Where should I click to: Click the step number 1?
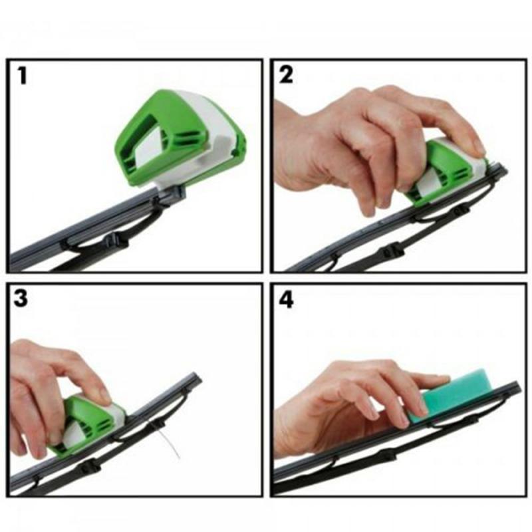click(x=23, y=75)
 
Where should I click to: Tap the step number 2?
click(x=286, y=75)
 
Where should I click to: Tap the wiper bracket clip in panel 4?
click(x=384, y=457)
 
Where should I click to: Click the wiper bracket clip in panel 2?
click(x=392, y=251)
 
